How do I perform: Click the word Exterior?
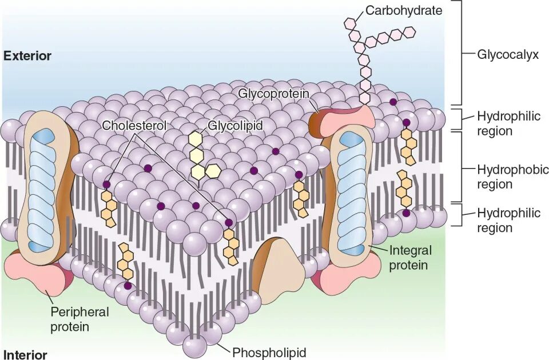point(27,56)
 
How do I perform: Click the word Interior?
point(25,354)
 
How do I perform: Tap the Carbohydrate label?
point(404,10)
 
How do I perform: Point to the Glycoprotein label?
point(273,93)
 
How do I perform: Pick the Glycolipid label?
point(235,125)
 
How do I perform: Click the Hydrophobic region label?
point(505,177)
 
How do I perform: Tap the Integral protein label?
point(409,257)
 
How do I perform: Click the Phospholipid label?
point(269,352)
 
